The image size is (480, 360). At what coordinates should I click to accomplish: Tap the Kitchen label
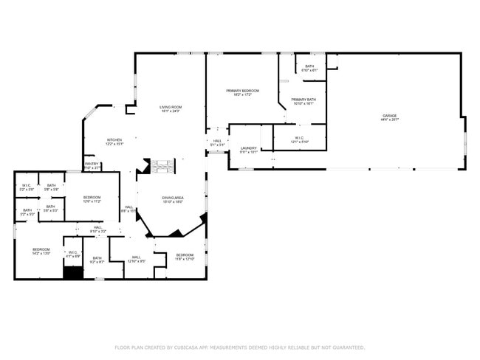(x=114, y=141)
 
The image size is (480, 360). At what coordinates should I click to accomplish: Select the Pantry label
(x=92, y=165)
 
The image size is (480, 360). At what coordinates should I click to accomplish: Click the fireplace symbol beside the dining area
(x=163, y=166)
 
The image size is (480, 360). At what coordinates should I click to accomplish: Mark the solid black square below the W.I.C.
(x=72, y=272)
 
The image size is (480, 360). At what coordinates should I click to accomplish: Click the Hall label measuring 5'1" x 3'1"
(x=217, y=142)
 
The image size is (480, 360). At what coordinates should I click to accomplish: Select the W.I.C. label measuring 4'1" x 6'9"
(x=73, y=255)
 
